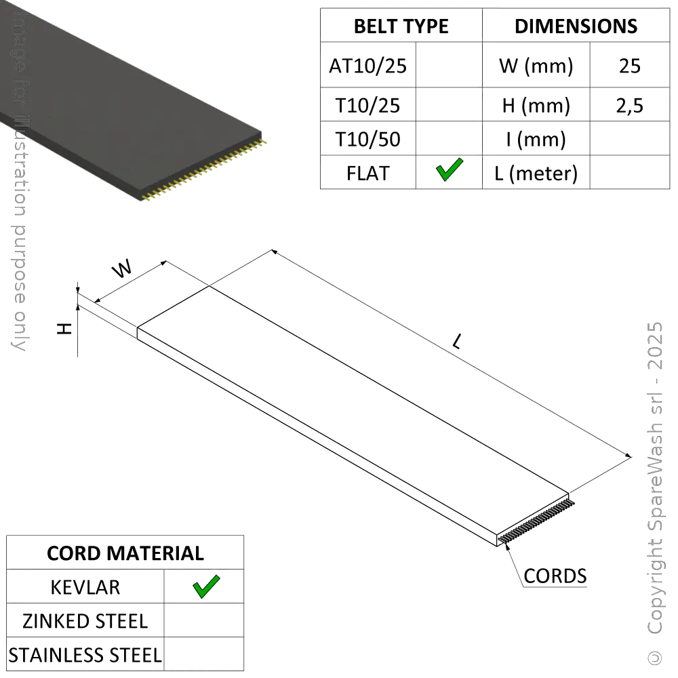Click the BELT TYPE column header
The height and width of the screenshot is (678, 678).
pyautogui.click(x=401, y=26)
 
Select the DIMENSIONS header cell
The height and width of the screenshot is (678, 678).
pyautogui.click(x=576, y=26)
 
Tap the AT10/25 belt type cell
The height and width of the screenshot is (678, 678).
pyautogui.click(x=367, y=66)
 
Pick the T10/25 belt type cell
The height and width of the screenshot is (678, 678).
pyautogui.click(x=367, y=105)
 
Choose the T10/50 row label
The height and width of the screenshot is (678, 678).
pyautogui.click(x=367, y=140)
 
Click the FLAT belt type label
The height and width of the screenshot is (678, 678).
pyautogui.click(x=368, y=173)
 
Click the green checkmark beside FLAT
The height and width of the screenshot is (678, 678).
pyautogui.click(x=449, y=169)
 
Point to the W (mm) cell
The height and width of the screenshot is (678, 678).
pyautogui.click(x=536, y=66)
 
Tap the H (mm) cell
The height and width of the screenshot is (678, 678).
pyautogui.click(x=536, y=105)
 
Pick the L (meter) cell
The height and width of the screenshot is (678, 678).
pyautogui.click(x=536, y=174)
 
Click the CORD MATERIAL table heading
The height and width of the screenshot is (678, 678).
pyautogui.click(x=125, y=553)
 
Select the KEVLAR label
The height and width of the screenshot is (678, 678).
pyautogui.click(x=86, y=587)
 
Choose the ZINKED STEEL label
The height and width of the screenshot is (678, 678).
pyautogui.click(x=86, y=621)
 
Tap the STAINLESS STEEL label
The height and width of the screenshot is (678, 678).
pyautogui.click(x=85, y=655)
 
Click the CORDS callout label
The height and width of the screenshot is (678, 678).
pyautogui.click(x=555, y=576)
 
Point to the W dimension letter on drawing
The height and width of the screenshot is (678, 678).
pyautogui.click(x=122, y=269)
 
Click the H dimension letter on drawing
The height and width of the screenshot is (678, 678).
pyautogui.click(x=64, y=329)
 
